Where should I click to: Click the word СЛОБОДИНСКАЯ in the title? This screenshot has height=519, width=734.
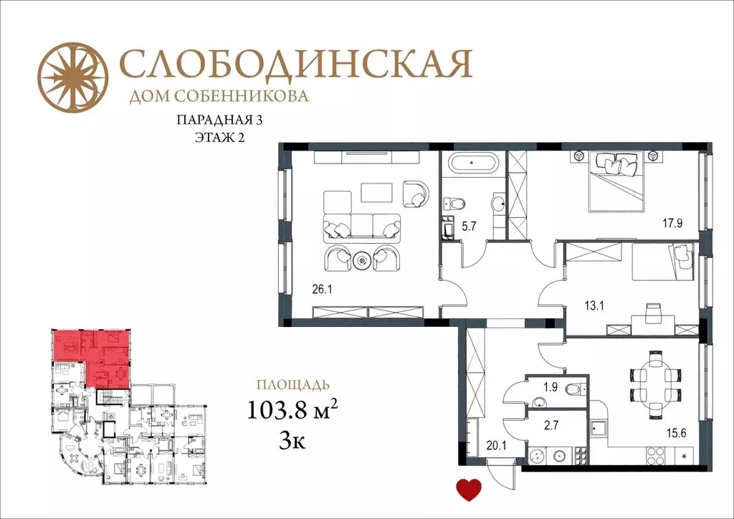point(295,65)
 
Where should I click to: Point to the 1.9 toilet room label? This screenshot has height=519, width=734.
point(550,388)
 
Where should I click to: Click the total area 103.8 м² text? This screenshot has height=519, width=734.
point(292,411)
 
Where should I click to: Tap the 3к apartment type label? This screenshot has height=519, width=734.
point(292,439)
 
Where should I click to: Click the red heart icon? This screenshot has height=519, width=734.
point(470,490)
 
